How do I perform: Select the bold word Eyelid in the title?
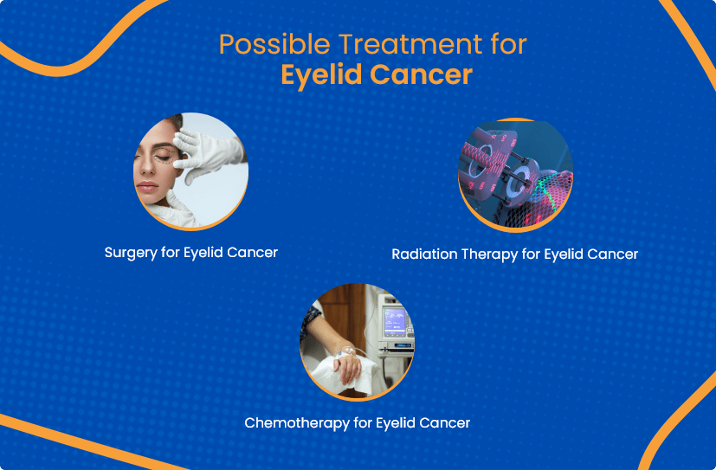[320, 74]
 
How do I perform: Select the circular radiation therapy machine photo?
[516, 174]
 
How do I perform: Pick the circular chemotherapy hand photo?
[357, 342]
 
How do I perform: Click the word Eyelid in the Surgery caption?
[205, 253]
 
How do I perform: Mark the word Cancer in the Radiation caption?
[610, 254]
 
